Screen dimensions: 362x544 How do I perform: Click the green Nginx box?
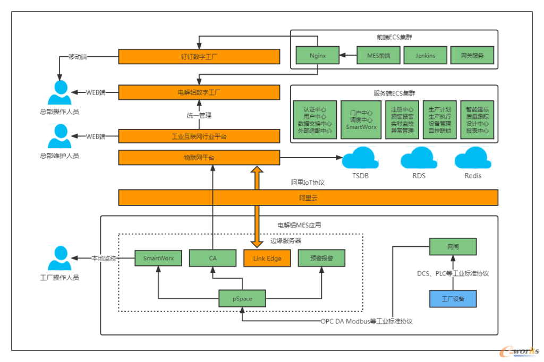tap(318, 55)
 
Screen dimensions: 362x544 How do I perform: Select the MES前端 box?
tap(378, 55)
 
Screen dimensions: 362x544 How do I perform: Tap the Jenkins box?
tap(425, 55)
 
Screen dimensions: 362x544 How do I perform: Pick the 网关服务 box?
tap(472, 55)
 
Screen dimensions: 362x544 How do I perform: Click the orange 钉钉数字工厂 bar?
tap(199, 56)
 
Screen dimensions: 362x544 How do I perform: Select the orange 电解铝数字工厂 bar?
tap(199, 92)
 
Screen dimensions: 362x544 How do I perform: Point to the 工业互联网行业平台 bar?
tap(199, 136)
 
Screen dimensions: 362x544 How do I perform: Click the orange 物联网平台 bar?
tap(199, 158)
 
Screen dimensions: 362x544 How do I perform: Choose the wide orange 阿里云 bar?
tap(308, 197)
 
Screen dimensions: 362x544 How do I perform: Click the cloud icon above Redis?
tap(473, 158)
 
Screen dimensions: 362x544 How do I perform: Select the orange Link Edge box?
tap(267, 258)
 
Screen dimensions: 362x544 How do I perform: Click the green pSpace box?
tap(242, 298)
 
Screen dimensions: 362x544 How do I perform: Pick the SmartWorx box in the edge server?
tap(158, 258)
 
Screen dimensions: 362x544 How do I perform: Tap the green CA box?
tap(212, 258)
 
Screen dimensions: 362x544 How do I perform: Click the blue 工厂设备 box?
tap(453, 298)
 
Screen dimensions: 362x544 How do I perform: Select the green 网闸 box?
tap(453, 247)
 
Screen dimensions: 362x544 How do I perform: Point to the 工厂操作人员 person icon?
tap(59, 258)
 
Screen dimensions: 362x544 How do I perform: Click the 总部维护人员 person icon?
tap(59, 136)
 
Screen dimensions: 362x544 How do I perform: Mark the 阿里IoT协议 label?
tap(308, 182)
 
